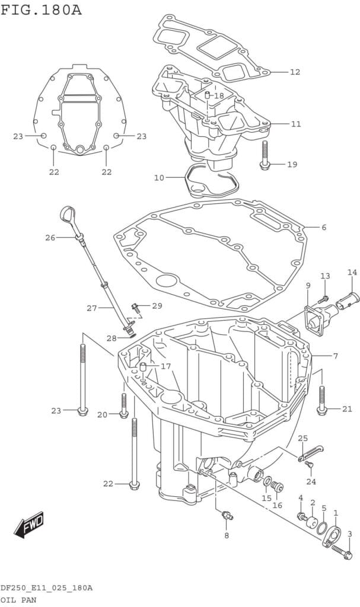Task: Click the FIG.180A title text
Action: tap(42, 10)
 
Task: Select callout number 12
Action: tap(295, 72)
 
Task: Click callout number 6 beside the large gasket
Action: tap(324, 228)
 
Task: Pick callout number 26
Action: tap(50, 238)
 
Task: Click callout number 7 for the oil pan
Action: tap(335, 356)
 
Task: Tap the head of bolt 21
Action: tap(321, 409)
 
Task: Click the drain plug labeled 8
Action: tap(226, 516)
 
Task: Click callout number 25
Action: tap(302, 439)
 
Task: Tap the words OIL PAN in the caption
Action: tap(17, 599)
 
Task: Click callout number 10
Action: tap(158, 177)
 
